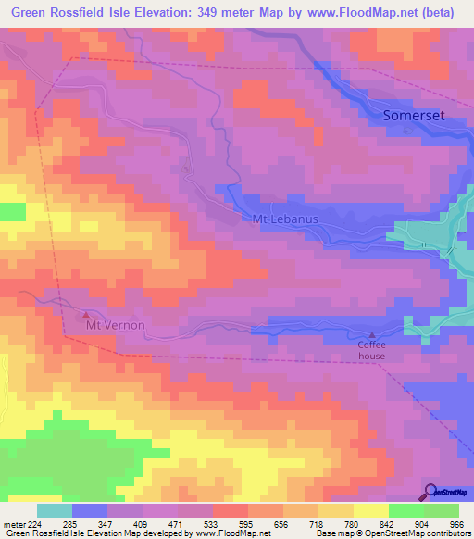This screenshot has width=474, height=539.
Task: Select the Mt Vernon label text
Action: coord(116,327)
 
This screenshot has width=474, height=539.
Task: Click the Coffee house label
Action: coord(372,348)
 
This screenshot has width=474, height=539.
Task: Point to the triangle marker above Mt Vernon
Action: coord(87,315)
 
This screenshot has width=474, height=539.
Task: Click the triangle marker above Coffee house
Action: coord(372,335)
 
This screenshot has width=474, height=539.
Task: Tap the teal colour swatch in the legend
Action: coord(55,510)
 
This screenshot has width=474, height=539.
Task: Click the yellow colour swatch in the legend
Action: coord(371,510)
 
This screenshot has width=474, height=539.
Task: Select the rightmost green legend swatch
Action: coord(442,510)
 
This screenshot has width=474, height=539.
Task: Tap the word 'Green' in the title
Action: coord(29,13)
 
